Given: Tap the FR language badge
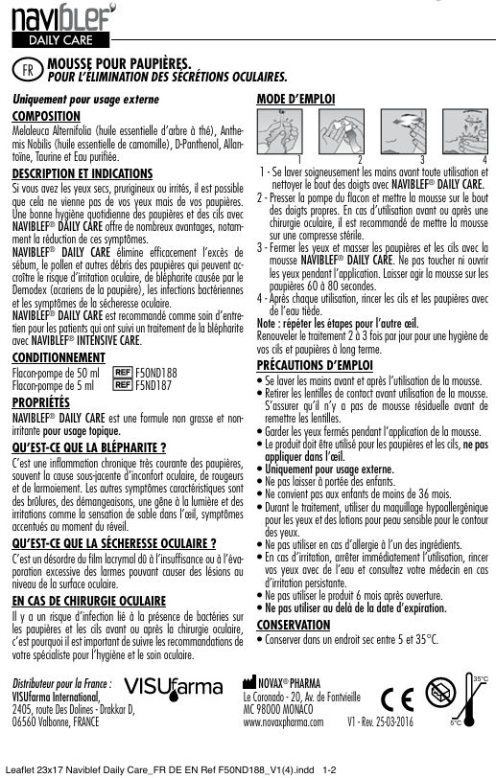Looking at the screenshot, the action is coord(29,69).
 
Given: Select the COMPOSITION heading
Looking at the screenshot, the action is coord(44,114).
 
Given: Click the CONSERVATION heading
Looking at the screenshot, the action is coord(294,624).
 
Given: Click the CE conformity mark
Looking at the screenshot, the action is coord(400,697).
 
